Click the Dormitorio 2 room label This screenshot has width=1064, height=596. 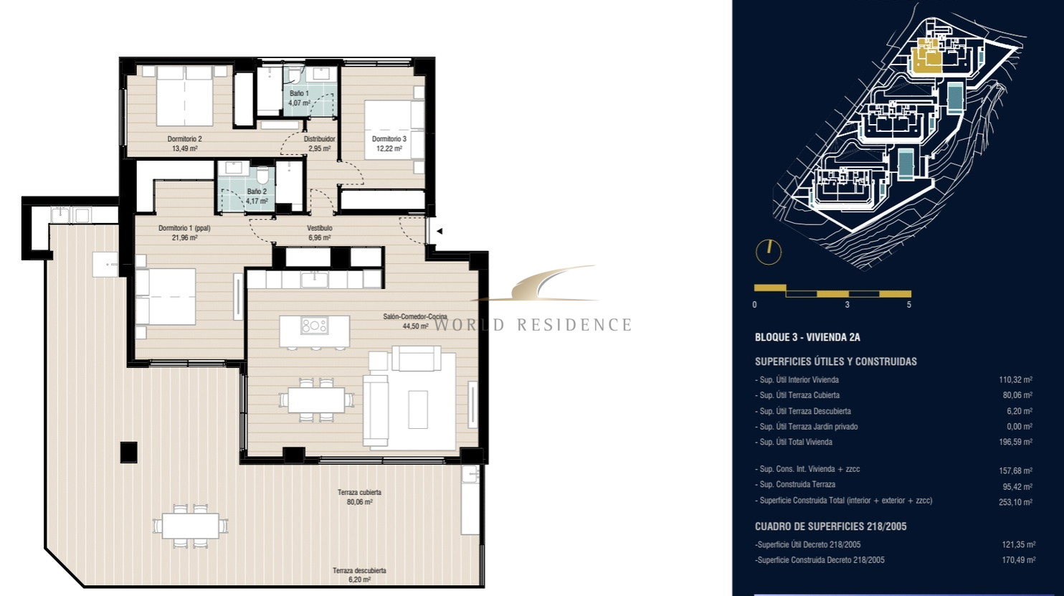tap(184, 139)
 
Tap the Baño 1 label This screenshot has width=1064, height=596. tap(299, 93)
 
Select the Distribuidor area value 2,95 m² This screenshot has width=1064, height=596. tap(320, 148)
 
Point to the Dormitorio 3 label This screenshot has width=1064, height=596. tap(389, 139)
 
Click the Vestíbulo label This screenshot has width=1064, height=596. tap(320, 228)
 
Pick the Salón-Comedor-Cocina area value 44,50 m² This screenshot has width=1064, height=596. tap(416, 326)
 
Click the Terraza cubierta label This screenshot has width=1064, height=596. tap(360, 493)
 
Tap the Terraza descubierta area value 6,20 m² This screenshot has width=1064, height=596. tap(360, 580)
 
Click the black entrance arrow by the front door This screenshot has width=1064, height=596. tap(440, 232)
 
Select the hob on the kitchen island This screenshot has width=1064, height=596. tap(314, 326)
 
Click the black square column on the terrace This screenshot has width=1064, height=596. tap(129, 452)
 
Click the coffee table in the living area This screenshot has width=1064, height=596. tap(418, 410)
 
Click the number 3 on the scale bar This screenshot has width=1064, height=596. tap(847, 305)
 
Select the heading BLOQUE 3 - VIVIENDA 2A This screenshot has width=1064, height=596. tap(807, 338)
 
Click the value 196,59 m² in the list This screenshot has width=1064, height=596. tap(1015, 442)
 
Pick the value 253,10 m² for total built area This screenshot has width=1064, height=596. tap(1015, 502)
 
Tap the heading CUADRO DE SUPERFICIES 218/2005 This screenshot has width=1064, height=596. tap(831, 526)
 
